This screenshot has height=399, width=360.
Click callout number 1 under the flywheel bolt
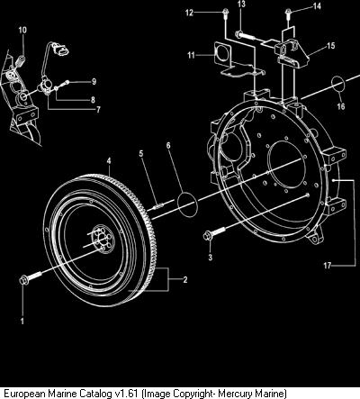pos(22,322)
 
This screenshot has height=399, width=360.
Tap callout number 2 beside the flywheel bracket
pos(185,279)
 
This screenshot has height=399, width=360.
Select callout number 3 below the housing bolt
pos(211,258)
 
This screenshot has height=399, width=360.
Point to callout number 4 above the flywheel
pos(109,161)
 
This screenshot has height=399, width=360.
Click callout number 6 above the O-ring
pos(168,145)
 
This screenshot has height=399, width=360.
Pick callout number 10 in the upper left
pos(22,30)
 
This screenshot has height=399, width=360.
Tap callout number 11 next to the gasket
pos(191,55)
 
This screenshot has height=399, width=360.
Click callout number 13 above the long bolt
pos(241,4)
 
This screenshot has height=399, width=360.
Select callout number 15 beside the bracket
pos(330,46)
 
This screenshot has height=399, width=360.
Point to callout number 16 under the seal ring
pos(341,106)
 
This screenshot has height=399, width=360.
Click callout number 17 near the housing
pos(328,266)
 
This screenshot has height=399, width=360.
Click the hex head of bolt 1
pos(22,280)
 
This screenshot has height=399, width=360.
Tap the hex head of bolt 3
pos(207,236)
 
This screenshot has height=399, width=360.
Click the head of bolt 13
pos(238,34)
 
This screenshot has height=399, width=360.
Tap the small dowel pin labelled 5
pos(159,206)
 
